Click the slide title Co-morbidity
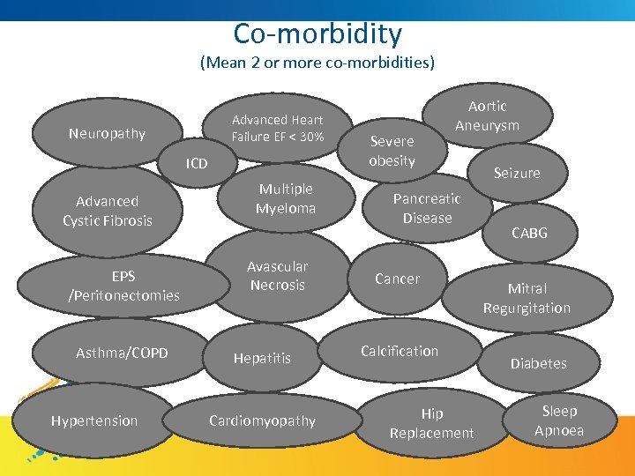point(317,33)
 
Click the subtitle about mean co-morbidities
point(317,63)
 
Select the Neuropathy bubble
point(107,134)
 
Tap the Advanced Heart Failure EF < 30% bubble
point(277,128)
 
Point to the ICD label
point(197,164)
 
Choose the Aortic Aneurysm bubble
point(487,115)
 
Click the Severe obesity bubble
point(392,151)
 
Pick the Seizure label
point(517,173)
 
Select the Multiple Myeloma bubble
point(285,198)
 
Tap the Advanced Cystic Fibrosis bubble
point(108,211)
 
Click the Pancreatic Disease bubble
point(427,208)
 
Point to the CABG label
point(529,233)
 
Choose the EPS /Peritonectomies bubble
point(123,286)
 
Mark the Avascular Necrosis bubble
point(277,275)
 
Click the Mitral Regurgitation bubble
point(527,298)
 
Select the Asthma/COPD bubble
point(122,353)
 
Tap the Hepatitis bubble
point(262,358)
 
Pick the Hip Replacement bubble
point(431,423)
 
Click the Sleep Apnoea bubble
point(559,420)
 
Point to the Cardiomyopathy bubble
point(262,420)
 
